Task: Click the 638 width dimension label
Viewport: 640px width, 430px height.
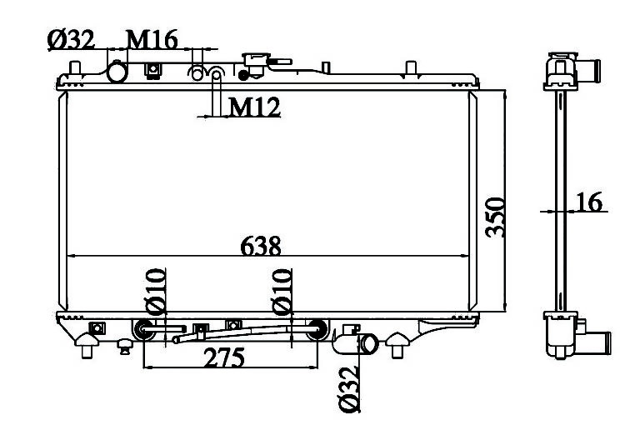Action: pos(261,246)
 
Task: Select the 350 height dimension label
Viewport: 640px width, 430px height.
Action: pos(495,217)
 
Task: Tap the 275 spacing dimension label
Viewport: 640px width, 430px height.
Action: pos(224,357)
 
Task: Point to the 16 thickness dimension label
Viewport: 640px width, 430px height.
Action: pos(589,202)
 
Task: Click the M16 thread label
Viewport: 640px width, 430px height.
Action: pos(152,39)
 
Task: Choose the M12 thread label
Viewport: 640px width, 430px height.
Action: pos(255,107)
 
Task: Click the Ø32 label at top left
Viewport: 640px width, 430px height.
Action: pos(71,39)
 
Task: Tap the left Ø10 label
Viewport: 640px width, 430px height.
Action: pos(156,292)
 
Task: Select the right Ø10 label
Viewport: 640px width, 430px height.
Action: pos(282,292)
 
